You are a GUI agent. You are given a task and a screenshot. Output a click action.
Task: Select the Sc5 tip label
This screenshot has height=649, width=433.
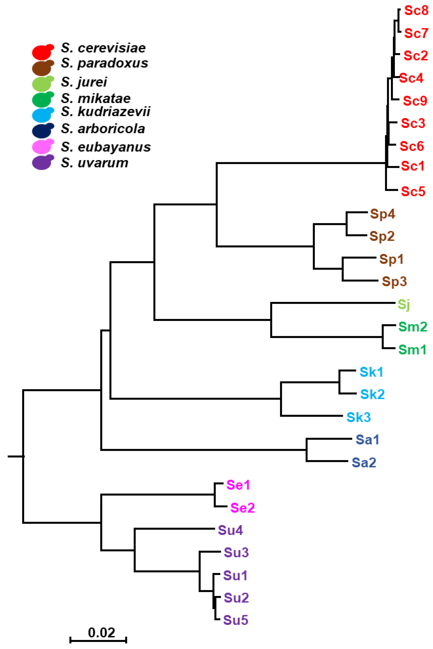pyautogui.click(x=413, y=191)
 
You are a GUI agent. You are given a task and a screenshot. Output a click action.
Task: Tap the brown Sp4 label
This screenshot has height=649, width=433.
pyautogui.click(x=383, y=214)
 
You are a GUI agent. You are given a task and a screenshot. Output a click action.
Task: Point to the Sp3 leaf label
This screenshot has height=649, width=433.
pyautogui.click(x=394, y=281)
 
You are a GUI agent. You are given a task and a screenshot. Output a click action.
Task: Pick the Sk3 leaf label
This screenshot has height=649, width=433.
pyautogui.click(x=358, y=417)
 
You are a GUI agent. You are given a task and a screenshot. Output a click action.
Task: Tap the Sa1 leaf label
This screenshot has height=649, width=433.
pyautogui.click(x=367, y=440)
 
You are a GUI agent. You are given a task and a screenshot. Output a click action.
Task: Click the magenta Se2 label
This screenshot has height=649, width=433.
pyautogui.click(x=243, y=508)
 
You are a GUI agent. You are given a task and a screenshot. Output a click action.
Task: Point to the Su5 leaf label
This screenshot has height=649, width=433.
pyautogui.click(x=236, y=620)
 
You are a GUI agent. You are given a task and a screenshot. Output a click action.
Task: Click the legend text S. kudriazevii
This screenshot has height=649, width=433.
pyautogui.click(x=106, y=112)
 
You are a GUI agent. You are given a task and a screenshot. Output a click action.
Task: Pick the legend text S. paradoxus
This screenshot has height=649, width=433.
pyautogui.click(x=104, y=63)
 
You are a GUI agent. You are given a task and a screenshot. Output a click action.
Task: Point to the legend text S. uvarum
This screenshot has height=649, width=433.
pyautogui.click(x=94, y=163)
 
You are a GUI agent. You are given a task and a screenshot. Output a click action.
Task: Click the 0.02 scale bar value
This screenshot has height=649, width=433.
pyautogui.click(x=101, y=633)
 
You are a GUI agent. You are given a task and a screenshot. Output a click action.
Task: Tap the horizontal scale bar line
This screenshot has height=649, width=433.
pyautogui.click(x=98, y=640)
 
